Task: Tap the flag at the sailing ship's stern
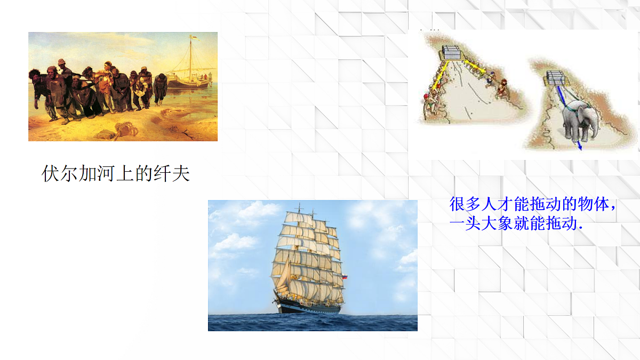coord(345,277)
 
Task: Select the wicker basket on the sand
coord(126,128)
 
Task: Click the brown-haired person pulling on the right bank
coord(502,89)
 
